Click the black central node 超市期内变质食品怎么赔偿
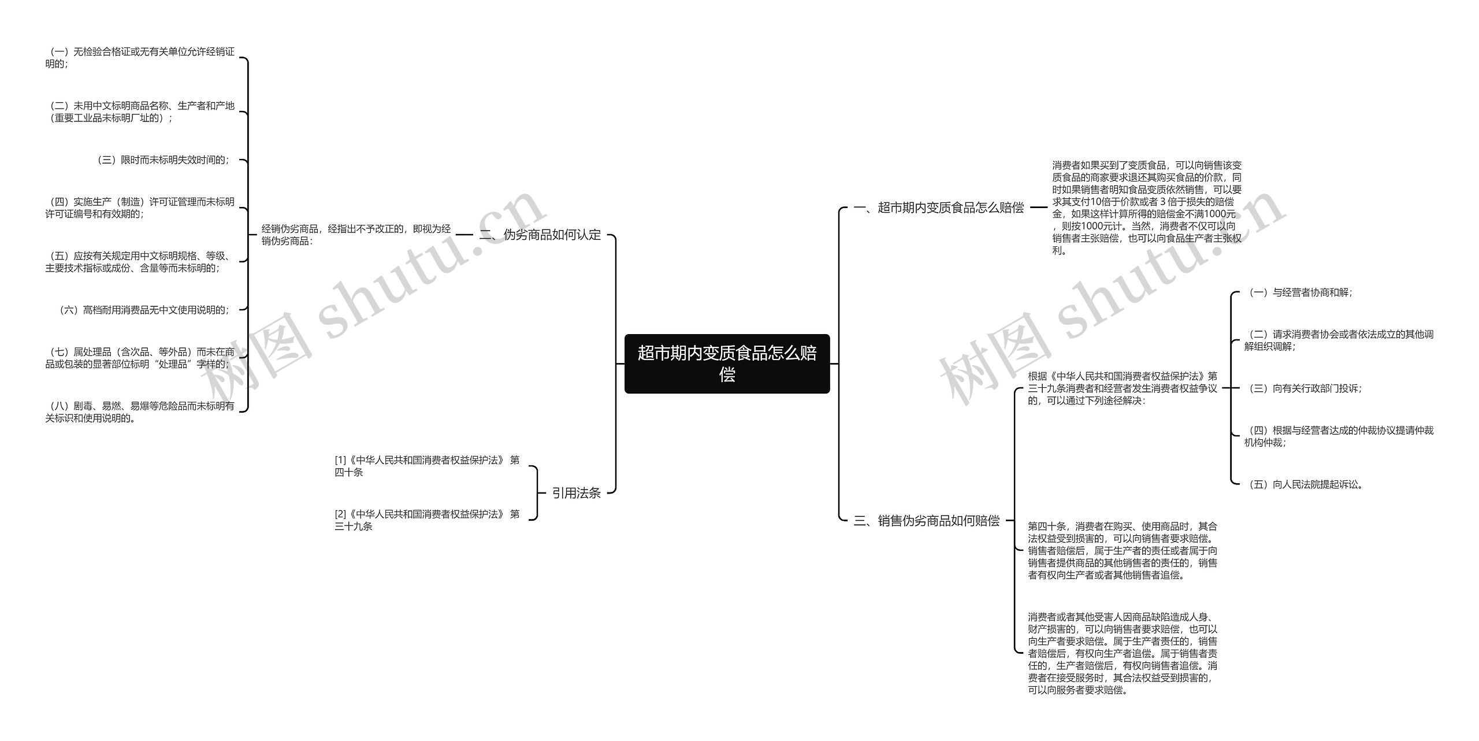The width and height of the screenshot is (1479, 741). pos(727,364)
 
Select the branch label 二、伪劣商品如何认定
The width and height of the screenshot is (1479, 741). pos(540,235)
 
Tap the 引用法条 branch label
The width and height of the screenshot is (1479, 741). pos(576,493)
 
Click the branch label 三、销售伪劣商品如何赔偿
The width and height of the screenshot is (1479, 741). pos(927,520)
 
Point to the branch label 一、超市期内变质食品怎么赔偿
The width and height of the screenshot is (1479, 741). pos(939,208)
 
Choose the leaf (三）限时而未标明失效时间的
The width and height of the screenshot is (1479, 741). pos(163,160)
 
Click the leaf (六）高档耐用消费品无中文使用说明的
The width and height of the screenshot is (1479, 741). pos(144,310)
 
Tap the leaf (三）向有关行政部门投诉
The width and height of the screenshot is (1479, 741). pos(1305,388)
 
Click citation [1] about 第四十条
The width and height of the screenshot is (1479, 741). pos(427,466)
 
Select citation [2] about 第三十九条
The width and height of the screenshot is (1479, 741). pos(427,520)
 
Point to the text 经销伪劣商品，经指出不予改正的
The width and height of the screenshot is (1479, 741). pos(356,235)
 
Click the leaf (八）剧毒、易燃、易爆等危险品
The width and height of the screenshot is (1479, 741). pos(140,412)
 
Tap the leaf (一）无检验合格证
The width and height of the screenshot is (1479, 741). pos(140,58)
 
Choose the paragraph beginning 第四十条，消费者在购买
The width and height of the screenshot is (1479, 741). pos(1123,550)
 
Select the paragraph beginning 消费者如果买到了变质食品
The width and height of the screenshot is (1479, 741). pos(1147,208)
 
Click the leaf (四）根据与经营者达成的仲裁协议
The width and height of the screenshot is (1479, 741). pos(1339,436)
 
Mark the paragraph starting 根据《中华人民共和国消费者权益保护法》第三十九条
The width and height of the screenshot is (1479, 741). pos(1123,388)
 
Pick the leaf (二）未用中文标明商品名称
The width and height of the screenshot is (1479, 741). pos(140,112)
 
